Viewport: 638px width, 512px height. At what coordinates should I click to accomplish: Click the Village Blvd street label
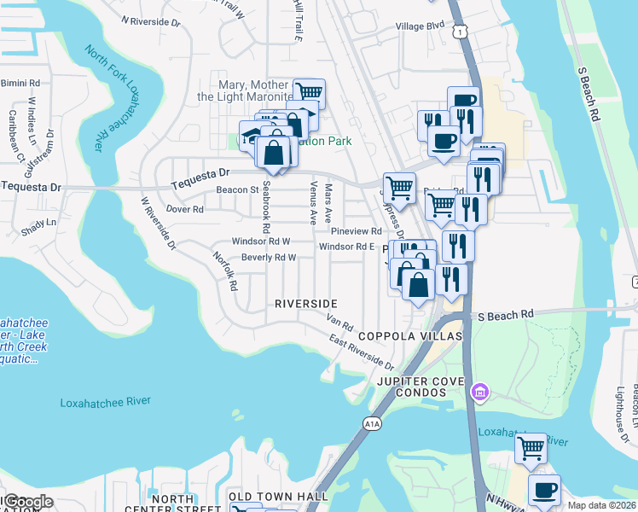point(420,26)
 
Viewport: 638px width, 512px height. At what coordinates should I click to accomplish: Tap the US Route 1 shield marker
point(461,31)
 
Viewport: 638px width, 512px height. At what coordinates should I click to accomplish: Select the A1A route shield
point(370,422)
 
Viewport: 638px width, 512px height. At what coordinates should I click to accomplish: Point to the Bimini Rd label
point(21,83)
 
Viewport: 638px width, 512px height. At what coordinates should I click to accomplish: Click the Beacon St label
point(236,189)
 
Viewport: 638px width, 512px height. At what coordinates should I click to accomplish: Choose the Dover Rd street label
point(184,208)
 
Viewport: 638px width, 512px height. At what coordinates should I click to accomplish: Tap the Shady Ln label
point(39,222)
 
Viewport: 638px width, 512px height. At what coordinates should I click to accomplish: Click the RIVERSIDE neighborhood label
point(306,304)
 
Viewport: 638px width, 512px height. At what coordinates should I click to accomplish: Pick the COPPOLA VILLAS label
point(409,336)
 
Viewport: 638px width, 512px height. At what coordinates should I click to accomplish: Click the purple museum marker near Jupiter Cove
point(479,392)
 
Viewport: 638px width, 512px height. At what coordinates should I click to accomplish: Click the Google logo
point(26,502)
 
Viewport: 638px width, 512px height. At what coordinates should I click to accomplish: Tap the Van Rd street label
point(339,323)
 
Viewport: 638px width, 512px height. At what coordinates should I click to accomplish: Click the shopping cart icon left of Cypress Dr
point(398,186)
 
